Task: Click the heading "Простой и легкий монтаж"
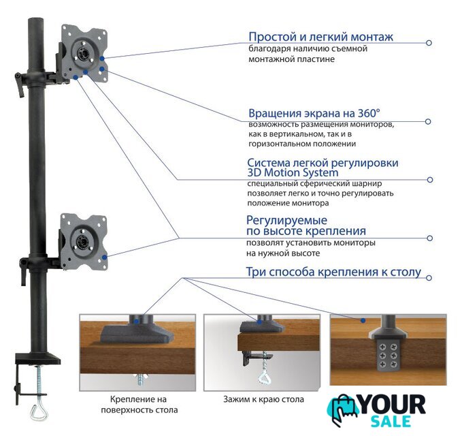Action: [x=320, y=37]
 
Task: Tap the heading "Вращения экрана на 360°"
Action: [x=314, y=113]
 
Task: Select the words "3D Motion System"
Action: [x=293, y=172]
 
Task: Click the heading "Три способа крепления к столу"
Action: [x=333, y=272]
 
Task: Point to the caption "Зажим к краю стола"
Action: [x=263, y=399]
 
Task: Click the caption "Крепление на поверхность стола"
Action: [x=139, y=405]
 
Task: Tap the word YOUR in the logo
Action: [x=393, y=405]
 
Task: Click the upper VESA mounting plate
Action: [x=84, y=52]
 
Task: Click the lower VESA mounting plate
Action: [x=84, y=241]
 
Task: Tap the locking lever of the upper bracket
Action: [x=20, y=84]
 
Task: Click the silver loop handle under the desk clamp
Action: [x=38, y=412]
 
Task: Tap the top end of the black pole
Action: [x=36, y=19]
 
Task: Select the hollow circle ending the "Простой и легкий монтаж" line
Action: [x=429, y=43]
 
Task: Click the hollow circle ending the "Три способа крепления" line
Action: [x=429, y=277]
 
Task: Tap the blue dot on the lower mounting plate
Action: [x=104, y=258]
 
